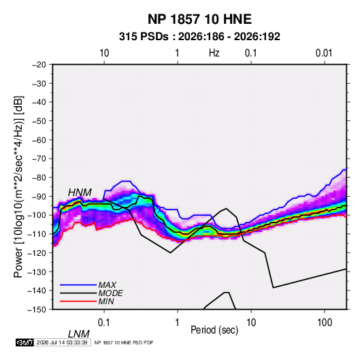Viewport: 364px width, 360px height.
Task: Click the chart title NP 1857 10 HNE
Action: tap(199, 19)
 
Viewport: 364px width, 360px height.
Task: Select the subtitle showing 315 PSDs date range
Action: tap(199, 37)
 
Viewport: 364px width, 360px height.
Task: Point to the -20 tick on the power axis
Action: tap(39, 65)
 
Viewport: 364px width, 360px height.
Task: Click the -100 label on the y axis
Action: tap(37, 215)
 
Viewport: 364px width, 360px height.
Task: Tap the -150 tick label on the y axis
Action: tap(37, 310)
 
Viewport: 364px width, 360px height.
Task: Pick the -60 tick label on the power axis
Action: tap(39, 140)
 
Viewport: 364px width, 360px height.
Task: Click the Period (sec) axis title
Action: tap(214, 330)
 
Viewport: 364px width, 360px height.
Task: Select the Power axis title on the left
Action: tap(18, 186)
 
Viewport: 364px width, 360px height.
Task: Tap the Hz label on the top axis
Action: tap(214, 53)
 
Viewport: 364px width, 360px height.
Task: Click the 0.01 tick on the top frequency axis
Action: tap(324, 53)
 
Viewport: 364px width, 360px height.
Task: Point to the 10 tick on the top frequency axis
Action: tap(104, 53)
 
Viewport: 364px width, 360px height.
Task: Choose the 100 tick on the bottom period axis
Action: tap(325, 323)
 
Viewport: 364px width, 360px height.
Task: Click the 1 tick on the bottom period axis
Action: tap(178, 323)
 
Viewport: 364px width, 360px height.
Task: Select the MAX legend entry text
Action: tap(107, 284)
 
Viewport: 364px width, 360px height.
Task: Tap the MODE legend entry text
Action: tap(110, 293)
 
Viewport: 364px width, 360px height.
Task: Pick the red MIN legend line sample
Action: tap(78, 301)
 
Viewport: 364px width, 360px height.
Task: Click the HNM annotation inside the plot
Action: tap(80, 193)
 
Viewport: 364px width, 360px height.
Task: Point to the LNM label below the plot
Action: tap(79, 334)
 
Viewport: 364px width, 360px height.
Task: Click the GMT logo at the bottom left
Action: tap(25, 342)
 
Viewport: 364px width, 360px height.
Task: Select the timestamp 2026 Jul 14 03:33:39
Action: tap(62, 342)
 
